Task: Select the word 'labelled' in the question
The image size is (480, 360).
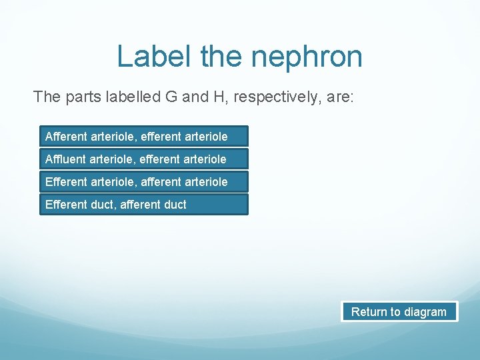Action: coord(131,97)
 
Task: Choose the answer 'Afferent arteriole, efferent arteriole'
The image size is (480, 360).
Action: coord(143,137)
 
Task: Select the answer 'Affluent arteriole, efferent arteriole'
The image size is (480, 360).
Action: coord(143,159)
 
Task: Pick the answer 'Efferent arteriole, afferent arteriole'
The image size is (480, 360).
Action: coord(143,182)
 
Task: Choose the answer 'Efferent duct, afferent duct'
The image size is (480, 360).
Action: coord(143,205)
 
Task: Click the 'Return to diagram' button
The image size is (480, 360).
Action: coord(399,312)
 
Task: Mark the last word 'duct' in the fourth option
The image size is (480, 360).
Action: coord(175,205)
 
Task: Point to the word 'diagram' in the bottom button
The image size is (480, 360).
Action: coord(425,312)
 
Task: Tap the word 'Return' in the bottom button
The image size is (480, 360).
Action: coord(368,312)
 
